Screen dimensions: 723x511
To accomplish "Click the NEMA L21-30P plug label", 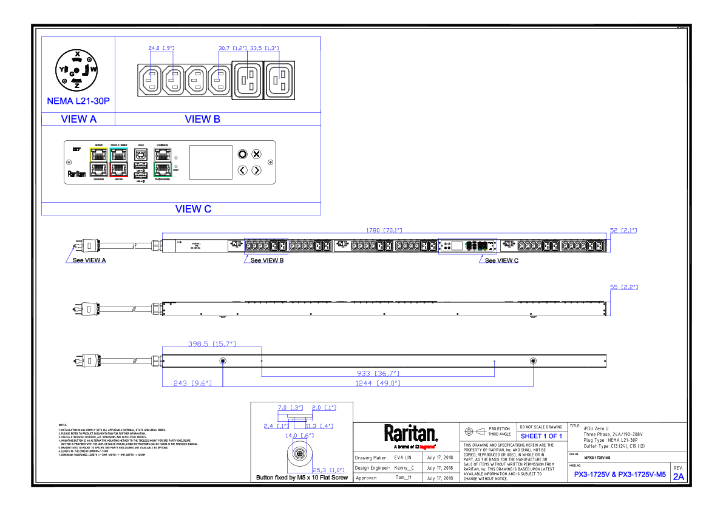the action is (78, 101).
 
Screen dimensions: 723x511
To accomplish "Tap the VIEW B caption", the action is (203, 120).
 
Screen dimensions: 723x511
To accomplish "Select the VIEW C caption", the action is (193, 209).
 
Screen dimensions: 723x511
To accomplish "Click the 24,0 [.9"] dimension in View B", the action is (161, 48).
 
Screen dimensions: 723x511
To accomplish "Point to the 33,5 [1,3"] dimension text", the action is (264, 48).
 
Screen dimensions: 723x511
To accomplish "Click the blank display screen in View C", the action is (211, 162).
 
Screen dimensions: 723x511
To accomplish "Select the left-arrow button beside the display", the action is (242, 170).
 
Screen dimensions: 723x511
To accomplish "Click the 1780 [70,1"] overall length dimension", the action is (383, 231).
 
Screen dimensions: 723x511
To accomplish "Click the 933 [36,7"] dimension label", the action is (378, 373).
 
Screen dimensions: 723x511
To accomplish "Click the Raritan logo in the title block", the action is (410, 434).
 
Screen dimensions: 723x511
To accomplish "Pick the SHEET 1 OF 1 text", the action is (541, 436).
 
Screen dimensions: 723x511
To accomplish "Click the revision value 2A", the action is (678, 476).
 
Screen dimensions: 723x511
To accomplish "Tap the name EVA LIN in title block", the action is (404, 458).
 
